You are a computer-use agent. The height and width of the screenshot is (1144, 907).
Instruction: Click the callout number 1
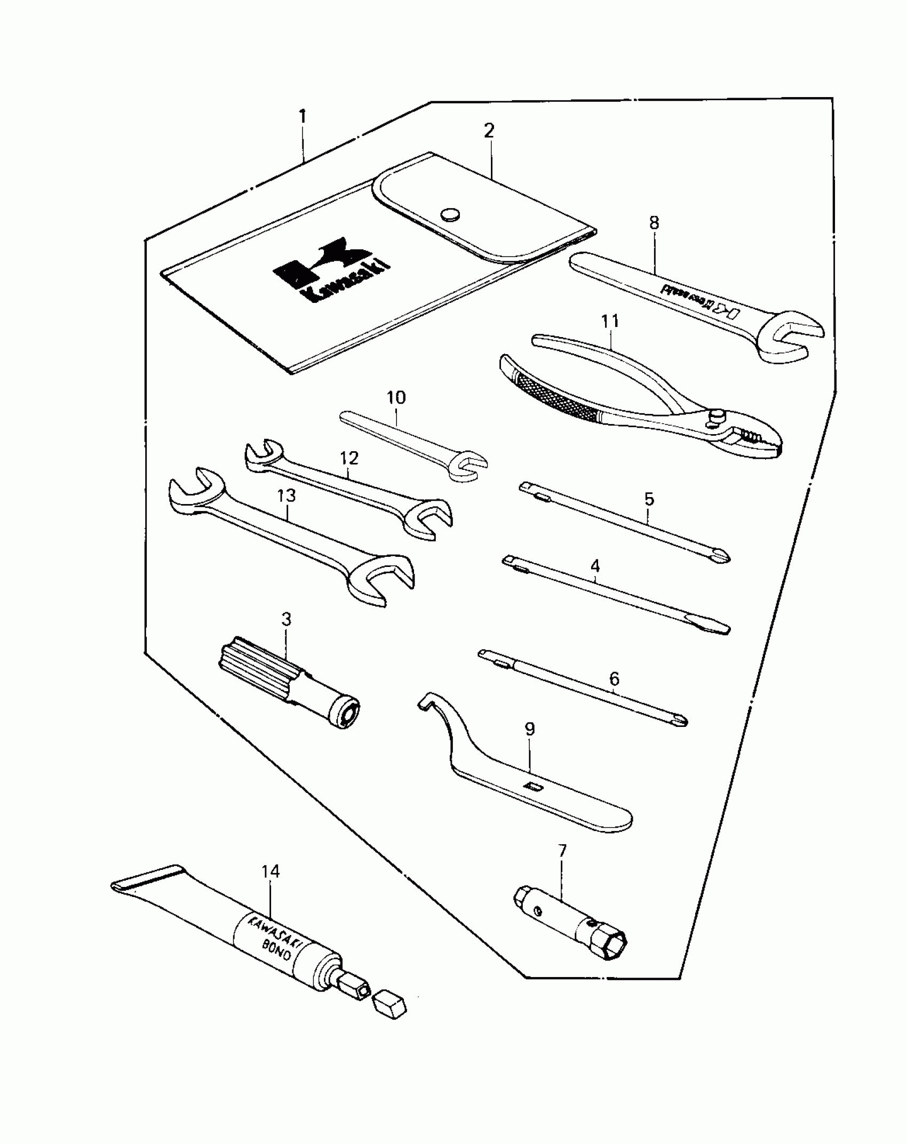(x=303, y=117)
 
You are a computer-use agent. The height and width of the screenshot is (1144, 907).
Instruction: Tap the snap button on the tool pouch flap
(x=450, y=214)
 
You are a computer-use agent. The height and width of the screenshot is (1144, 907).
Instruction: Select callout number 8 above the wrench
(x=654, y=223)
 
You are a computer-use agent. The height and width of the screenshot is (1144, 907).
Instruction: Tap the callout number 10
(x=396, y=398)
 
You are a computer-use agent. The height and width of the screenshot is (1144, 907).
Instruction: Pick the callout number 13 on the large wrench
(x=286, y=495)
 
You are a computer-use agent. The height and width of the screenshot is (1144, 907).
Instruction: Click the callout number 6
(x=614, y=679)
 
